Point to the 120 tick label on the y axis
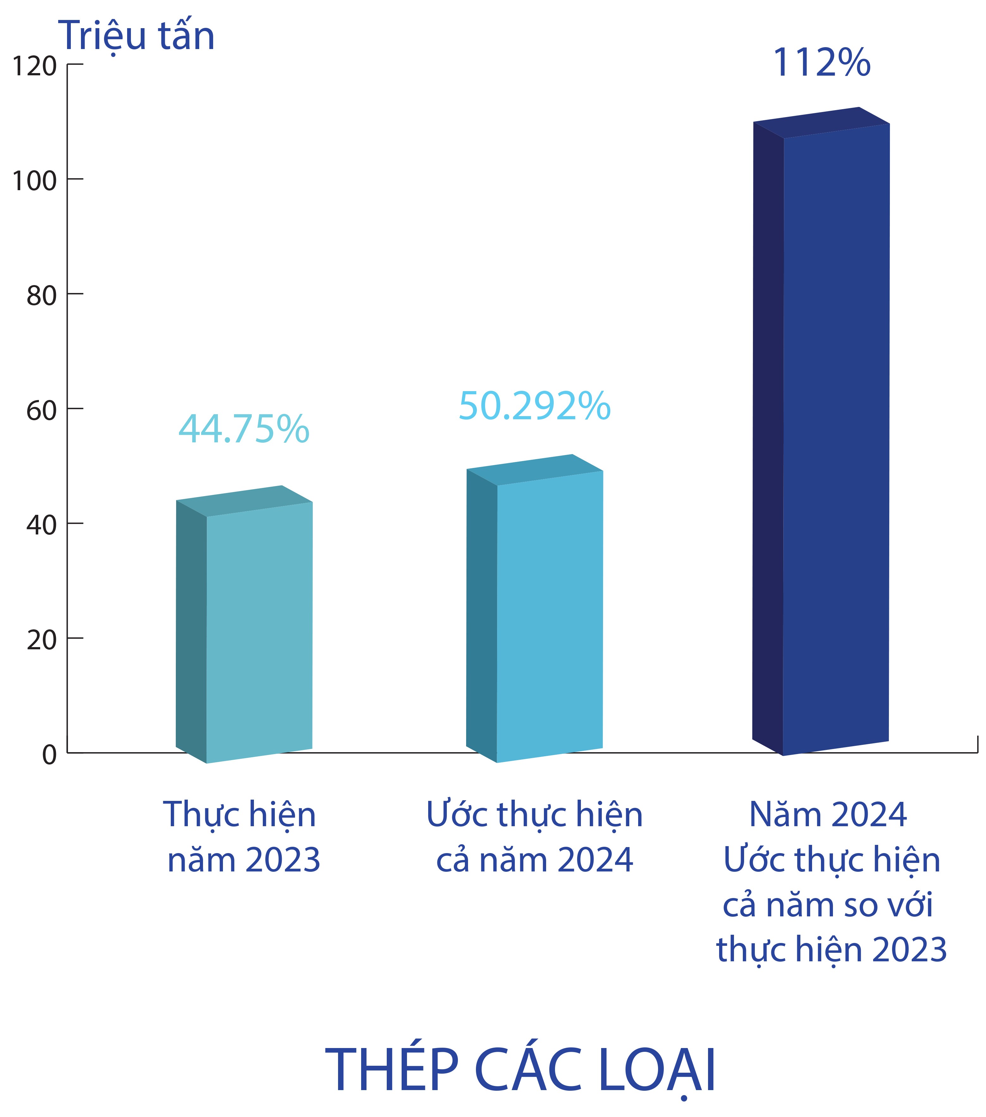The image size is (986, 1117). [34, 67]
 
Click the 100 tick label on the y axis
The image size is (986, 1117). [34, 181]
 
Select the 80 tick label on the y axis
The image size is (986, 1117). [41, 296]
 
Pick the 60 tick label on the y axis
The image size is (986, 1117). [41, 411]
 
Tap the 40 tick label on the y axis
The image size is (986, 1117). [41, 526]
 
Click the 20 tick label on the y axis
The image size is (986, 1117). [41, 640]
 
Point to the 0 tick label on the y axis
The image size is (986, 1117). [49, 755]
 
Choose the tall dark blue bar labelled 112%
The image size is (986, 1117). [836, 437]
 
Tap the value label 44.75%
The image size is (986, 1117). [243, 429]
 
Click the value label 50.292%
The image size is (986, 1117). [534, 406]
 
